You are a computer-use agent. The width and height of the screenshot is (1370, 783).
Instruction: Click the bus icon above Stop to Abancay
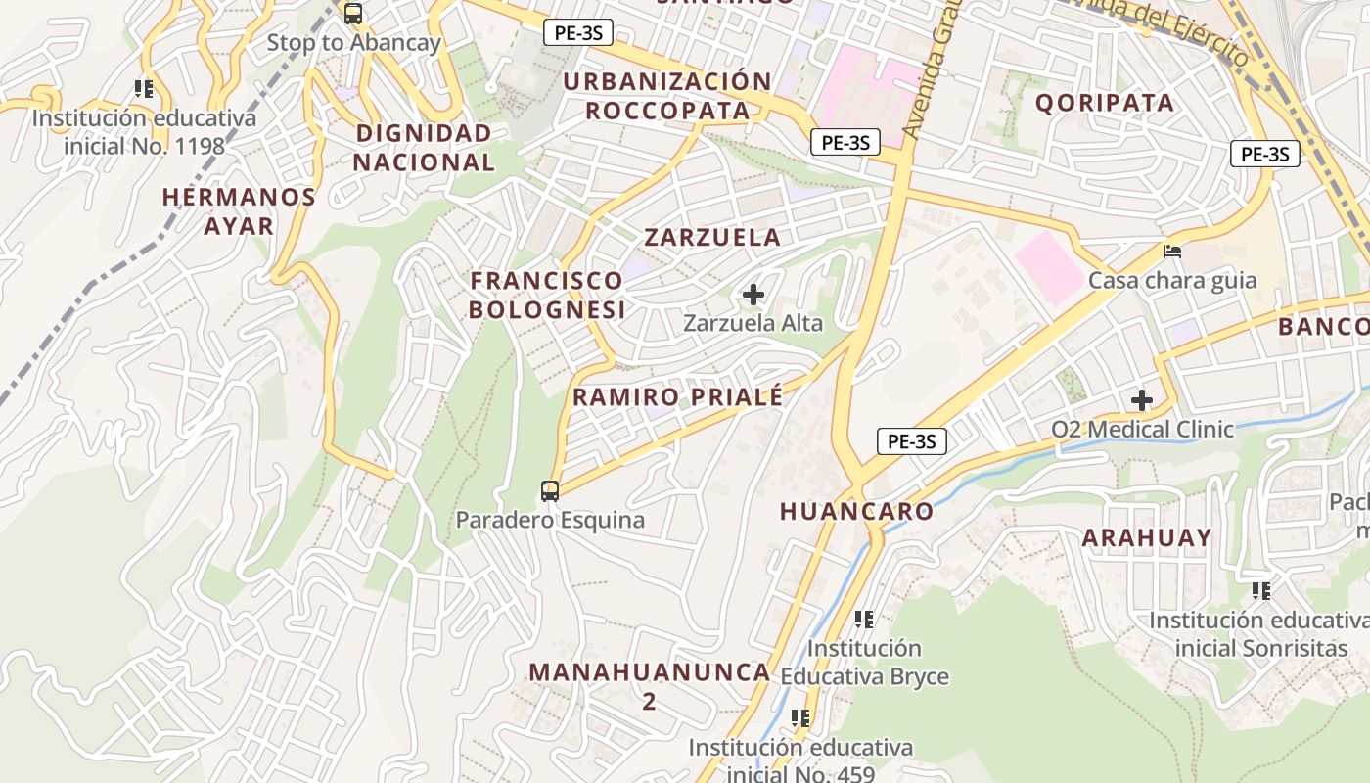coord(353,14)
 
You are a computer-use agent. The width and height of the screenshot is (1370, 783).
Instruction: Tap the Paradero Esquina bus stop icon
coord(550,490)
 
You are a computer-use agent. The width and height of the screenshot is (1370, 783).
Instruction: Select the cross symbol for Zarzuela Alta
coord(753,294)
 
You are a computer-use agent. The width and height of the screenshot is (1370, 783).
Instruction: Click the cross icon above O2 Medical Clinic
coord(1142,400)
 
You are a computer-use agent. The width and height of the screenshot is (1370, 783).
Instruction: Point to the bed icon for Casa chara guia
coord(1172,252)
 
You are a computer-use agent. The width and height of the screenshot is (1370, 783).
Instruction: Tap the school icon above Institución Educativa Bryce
coord(863,619)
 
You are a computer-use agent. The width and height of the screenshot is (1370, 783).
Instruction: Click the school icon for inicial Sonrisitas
coord(1261,590)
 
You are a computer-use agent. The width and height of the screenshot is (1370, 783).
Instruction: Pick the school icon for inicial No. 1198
coord(144,89)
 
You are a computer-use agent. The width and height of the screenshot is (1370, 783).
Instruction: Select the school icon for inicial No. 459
coord(800,718)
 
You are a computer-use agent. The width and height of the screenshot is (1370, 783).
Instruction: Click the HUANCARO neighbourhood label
coord(856,511)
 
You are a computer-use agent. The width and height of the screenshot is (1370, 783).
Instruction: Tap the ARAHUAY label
coord(1146,537)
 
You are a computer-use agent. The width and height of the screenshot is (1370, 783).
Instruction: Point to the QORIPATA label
coord(1104,103)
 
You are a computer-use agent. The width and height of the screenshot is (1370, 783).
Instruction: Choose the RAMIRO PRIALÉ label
coord(677,397)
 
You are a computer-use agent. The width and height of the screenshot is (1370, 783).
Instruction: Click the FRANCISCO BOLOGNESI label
coord(546,295)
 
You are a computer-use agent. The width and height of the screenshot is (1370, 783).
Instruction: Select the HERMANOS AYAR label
coord(239,210)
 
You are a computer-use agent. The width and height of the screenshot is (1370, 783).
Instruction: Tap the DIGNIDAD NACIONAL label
coord(424,148)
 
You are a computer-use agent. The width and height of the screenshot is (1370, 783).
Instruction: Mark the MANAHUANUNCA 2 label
coord(649,685)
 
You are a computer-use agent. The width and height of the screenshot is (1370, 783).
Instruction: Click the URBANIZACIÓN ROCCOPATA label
coord(667,95)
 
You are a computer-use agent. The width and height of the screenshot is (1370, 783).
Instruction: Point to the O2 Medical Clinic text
coord(1142,429)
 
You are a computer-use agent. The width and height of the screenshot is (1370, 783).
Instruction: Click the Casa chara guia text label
coord(1172,281)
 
